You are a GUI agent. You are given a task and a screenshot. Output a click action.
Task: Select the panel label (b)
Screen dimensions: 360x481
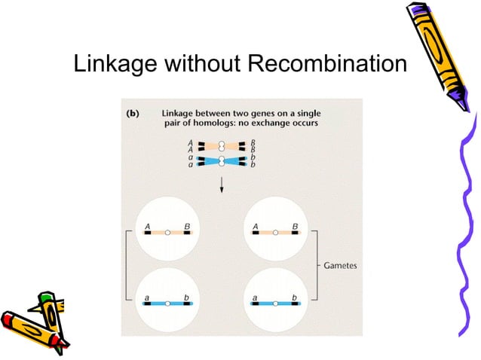click(x=131, y=114)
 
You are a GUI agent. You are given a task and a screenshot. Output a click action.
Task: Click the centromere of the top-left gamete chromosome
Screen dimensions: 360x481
click(x=168, y=233)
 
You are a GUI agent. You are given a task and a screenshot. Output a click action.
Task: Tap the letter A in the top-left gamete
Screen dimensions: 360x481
click(x=148, y=224)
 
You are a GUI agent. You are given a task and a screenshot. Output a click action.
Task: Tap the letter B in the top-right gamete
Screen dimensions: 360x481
click(x=295, y=224)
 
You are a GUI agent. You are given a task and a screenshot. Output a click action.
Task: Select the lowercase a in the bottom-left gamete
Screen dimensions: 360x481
click(x=147, y=296)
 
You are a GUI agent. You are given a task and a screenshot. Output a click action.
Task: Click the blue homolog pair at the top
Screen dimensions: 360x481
click(x=222, y=160)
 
